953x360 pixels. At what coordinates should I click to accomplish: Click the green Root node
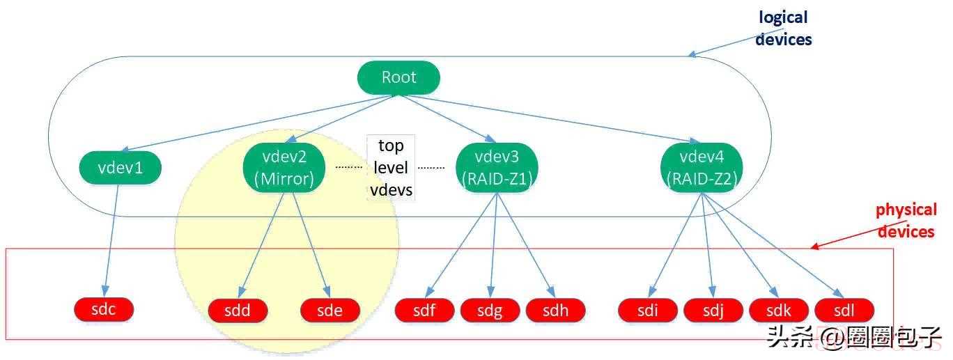[398, 77]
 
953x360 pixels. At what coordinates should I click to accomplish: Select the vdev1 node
[121, 167]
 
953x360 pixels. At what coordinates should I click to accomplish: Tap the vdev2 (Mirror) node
[284, 168]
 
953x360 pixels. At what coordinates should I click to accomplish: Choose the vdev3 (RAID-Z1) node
[497, 168]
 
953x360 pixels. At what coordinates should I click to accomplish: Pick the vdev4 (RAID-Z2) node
[702, 168]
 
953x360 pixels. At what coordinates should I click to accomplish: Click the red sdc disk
[104, 309]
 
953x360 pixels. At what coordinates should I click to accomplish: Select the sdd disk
[238, 311]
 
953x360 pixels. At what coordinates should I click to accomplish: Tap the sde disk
[330, 311]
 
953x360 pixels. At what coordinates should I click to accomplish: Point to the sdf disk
[424, 311]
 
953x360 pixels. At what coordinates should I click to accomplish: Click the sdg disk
[490, 311]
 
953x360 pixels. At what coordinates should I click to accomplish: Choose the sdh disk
[556, 311]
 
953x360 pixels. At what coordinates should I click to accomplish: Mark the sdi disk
[648, 311]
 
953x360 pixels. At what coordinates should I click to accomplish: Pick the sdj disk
[713, 311]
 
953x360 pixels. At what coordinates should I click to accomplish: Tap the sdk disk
[779, 311]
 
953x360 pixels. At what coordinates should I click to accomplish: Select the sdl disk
[844, 311]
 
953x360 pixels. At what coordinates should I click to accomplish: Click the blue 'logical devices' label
[783, 29]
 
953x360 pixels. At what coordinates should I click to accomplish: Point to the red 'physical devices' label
[906, 221]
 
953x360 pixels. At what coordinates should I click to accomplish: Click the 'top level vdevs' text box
[391, 167]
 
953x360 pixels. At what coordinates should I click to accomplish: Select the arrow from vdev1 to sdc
[111, 240]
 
